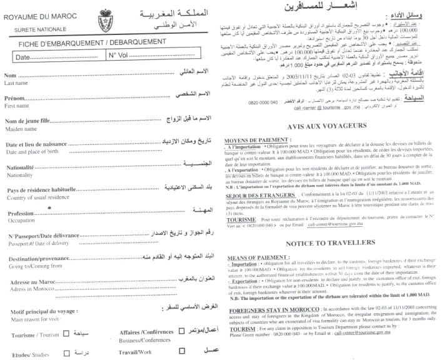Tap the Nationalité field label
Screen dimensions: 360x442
20,167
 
